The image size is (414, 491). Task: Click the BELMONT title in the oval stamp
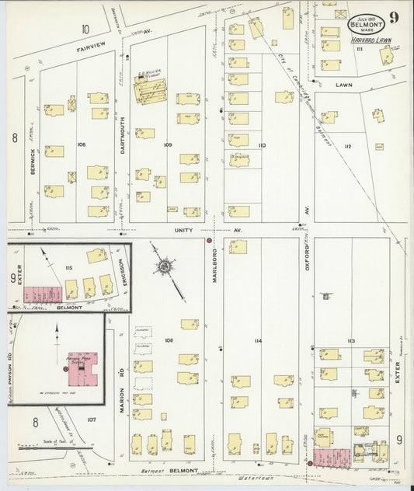tap(365, 25)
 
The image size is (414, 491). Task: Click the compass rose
tap(165, 267)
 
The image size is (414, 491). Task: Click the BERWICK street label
tap(33, 160)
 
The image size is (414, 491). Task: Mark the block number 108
tap(81, 145)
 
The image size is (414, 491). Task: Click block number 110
tap(261, 145)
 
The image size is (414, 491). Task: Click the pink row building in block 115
tap(43, 294)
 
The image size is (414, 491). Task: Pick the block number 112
tap(347, 146)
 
